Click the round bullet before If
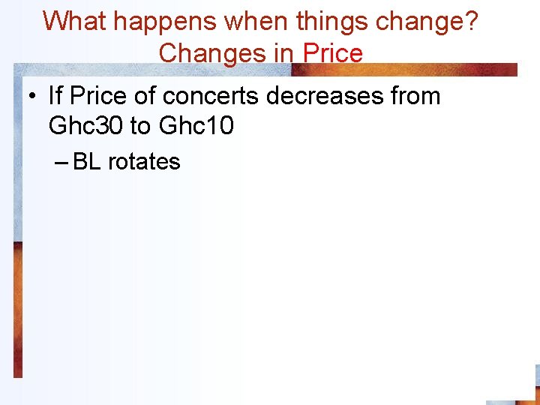pyautogui.click(x=32, y=97)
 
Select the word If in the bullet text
pyautogui.click(x=55, y=96)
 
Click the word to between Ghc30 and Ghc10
pyautogui.click(x=140, y=126)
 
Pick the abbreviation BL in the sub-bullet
pyautogui.click(x=87, y=161)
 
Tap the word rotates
pyautogui.click(x=144, y=161)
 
